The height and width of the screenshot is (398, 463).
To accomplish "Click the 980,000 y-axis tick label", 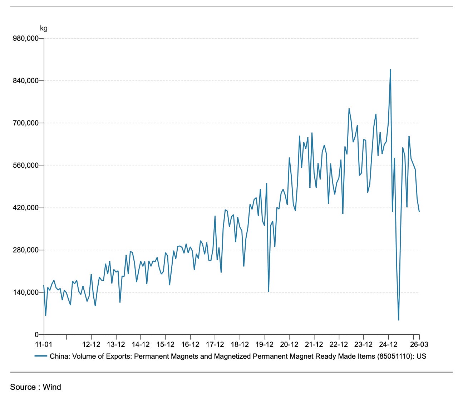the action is click(25, 38).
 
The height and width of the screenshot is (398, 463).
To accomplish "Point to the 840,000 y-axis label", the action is click(25, 81).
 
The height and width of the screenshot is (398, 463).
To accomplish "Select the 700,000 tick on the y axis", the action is click(25, 123).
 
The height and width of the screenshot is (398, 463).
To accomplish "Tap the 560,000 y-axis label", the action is click(25, 165).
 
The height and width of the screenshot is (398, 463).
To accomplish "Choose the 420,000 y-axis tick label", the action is click(25, 208).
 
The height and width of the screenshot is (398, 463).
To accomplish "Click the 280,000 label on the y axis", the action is click(25, 250).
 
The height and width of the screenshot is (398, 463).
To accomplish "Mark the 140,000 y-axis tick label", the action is click(25, 293).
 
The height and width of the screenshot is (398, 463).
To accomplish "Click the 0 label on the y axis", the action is click(36, 335).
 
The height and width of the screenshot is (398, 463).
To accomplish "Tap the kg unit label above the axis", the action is click(44, 29).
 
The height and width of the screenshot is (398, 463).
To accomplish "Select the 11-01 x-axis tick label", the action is click(44, 344).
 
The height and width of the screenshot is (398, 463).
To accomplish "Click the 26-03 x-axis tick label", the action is click(419, 344).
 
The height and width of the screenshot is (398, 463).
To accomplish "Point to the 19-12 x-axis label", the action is click(265, 344).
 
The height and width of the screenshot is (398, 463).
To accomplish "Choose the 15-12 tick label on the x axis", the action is click(165, 344).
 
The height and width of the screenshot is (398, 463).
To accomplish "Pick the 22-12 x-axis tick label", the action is click(339, 344).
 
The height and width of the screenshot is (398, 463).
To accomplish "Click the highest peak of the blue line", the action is click(390, 69).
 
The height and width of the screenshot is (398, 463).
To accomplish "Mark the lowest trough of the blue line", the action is click(399, 320).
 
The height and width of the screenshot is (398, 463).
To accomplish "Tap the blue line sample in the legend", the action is click(41, 356).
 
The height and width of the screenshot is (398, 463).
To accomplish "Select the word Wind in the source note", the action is click(52, 387).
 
